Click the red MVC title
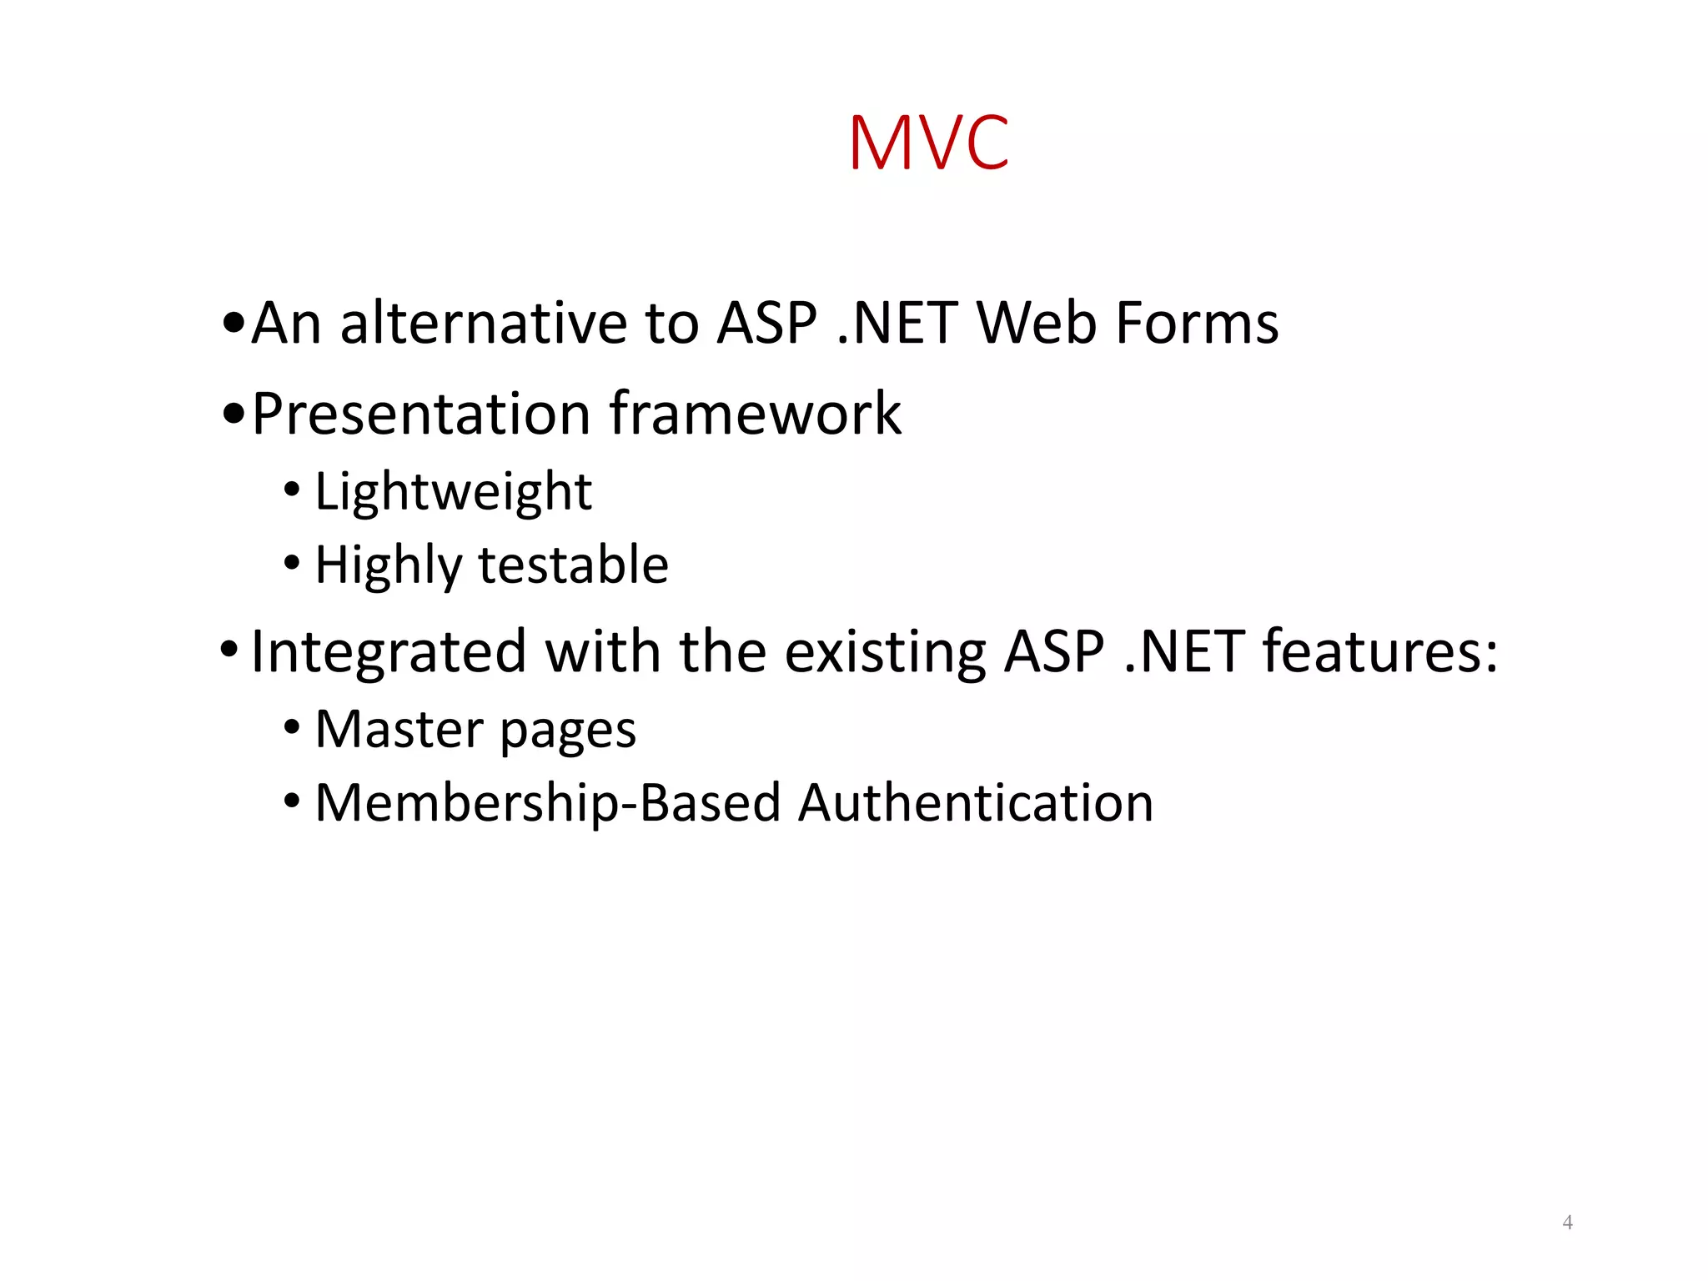pyautogui.click(x=928, y=143)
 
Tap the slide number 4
pyautogui.click(x=1567, y=1223)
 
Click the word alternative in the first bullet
pyautogui.click(x=484, y=323)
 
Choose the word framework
pyautogui.click(x=755, y=414)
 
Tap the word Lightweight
pyautogui.click(x=453, y=492)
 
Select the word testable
pyautogui.click(x=573, y=565)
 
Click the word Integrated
pyautogui.click(x=389, y=652)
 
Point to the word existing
pyautogui.click(x=885, y=652)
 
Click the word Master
pyautogui.click(x=399, y=730)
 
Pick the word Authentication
pyautogui.click(x=975, y=803)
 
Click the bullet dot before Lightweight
pyautogui.click(x=291, y=490)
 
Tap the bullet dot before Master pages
pyautogui.click(x=291, y=727)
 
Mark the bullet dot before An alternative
pyautogui.click(x=234, y=323)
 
